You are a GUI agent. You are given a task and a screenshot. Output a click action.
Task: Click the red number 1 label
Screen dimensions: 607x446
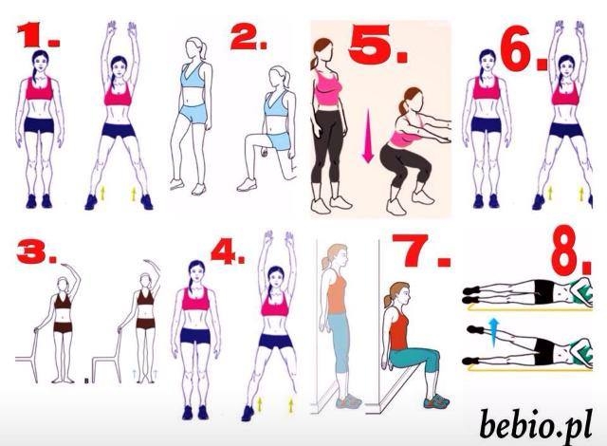click(x=38, y=35)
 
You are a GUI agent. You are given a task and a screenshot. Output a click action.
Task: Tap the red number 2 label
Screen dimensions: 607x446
click(x=248, y=38)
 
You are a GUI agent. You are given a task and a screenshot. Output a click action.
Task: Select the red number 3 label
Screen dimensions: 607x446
click(x=36, y=251)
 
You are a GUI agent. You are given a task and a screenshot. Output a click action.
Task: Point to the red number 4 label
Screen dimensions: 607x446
click(x=228, y=251)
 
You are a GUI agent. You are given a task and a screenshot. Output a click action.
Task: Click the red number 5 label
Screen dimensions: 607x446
click(x=377, y=45)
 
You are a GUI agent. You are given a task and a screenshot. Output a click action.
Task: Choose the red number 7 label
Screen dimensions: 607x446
click(x=421, y=251)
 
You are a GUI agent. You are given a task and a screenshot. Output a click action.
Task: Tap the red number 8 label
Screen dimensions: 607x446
click(x=571, y=251)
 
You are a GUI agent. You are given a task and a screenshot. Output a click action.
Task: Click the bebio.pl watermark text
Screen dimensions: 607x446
click(x=536, y=424)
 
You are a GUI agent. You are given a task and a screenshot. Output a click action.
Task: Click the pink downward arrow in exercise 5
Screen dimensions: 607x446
click(x=368, y=136)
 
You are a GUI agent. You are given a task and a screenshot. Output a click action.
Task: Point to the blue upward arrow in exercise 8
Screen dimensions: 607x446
click(x=493, y=331)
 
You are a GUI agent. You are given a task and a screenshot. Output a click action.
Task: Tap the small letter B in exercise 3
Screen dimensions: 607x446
click(x=86, y=381)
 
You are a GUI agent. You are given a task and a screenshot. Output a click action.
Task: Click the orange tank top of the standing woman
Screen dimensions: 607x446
click(x=337, y=292)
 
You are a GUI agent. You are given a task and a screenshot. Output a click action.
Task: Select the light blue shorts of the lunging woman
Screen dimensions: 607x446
click(x=279, y=140)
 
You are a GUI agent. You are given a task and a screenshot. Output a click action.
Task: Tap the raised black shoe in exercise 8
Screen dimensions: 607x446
click(x=475, y=329)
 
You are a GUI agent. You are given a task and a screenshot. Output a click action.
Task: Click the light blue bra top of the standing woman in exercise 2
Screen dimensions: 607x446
click(x=193, y=76)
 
